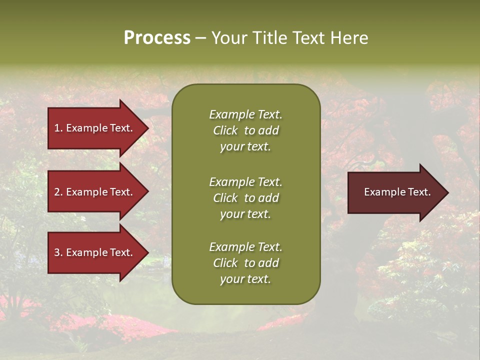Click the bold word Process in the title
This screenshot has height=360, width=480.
click(x=157, y=37)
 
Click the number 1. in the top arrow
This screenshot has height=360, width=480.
click(x=58, y=128)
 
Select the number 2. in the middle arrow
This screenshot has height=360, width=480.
click(x=58, y=192)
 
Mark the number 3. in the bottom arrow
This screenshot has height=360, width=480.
click(x=58, y=252)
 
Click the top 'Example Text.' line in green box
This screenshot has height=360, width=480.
click(x=245, y=114)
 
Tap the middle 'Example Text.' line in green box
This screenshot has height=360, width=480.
click(x=245, y=182)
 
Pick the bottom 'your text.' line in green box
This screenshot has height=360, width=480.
click(x=245, y=279)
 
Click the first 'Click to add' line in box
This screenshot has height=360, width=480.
click(x=245, y=130)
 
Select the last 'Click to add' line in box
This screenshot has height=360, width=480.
click(x=245, y=263)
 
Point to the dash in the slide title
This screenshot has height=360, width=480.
click(x=200, y=38)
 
